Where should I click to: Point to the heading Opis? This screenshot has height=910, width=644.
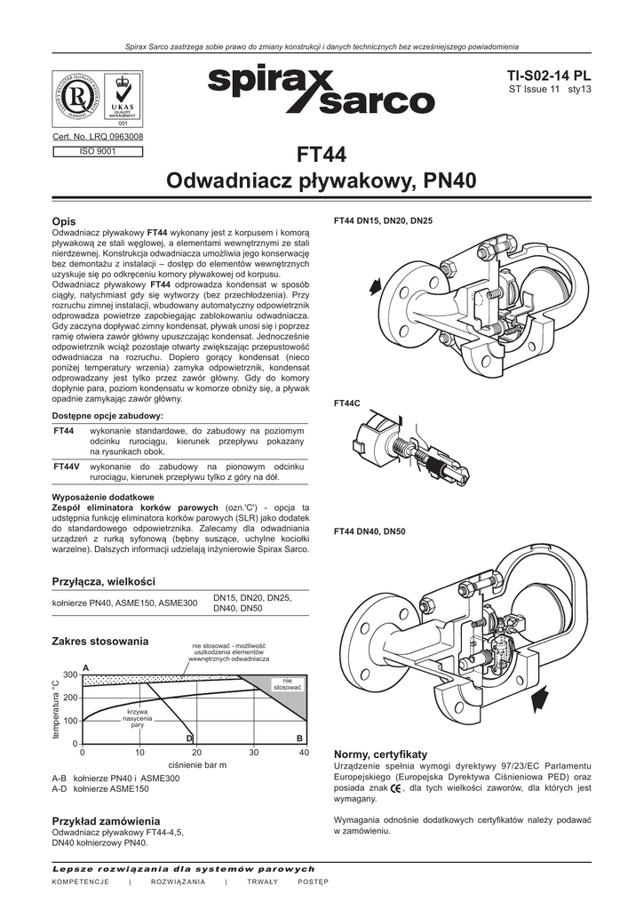tap(64, 220)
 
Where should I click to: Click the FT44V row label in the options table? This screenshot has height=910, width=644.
tap(67, 467)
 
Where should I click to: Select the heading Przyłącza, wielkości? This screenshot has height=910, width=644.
tap(104, 581)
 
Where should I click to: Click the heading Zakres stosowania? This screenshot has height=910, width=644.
tap(100, 642)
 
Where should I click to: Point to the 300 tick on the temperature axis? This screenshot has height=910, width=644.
tap(70, 675)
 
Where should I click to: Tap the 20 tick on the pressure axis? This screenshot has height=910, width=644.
tap(196, 753)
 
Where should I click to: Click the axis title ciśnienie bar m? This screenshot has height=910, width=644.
tap(197, 765)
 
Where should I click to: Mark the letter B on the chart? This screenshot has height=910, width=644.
tap(299, 738)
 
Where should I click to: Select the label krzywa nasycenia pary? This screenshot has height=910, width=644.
tap(137, 718)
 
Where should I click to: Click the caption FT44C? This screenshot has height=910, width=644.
tap(346, 403)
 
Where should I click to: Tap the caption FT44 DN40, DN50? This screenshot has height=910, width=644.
tap(370, 531)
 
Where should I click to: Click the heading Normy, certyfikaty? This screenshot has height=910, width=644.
tap(380, 754)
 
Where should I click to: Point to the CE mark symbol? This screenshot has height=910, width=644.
tap(395, 788)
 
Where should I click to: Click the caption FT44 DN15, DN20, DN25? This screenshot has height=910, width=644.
tap(383, 220)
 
